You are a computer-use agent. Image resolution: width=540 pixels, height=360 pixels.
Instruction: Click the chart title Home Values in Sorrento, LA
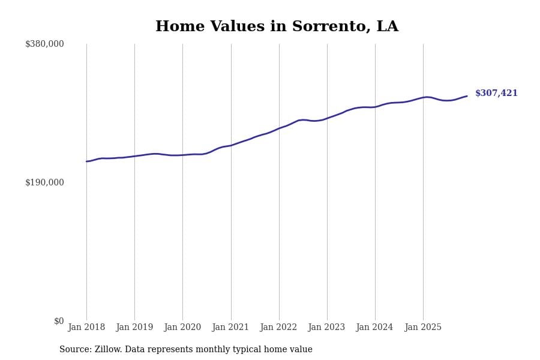[277, 27]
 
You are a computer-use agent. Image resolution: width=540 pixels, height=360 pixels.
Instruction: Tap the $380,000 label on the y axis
[44, 44]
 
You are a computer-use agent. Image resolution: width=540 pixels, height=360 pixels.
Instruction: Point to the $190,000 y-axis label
[44, 182]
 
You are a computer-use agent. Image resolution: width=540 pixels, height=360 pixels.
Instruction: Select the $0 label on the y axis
[59, 321]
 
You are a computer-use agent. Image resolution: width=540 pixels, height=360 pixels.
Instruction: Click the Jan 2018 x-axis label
[86, 328]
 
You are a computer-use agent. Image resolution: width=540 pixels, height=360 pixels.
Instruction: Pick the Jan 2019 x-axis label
[134, 328]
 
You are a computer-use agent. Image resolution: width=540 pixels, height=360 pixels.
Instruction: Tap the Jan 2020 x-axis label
[182, 328]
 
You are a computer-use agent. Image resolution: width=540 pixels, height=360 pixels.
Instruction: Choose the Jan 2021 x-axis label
[230, 328]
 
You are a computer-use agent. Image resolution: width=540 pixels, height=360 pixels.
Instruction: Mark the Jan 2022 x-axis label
[278, 328]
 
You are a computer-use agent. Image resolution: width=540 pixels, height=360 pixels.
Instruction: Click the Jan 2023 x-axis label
[326, 328]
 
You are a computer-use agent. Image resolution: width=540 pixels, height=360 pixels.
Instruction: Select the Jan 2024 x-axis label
[374, 328]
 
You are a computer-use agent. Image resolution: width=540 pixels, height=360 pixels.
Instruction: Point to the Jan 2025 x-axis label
[423, 328]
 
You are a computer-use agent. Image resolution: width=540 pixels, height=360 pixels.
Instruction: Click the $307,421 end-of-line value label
[496, 94]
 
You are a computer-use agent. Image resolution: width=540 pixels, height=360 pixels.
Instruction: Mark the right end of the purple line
[467, 96]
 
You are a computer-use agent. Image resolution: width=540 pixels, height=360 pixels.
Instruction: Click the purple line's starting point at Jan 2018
[86, 161]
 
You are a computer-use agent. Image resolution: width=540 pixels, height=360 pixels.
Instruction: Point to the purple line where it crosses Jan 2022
[279, 128]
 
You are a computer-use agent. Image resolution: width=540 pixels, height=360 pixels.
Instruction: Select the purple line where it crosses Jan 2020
[182, 155]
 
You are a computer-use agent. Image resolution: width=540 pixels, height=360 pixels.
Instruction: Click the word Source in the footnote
[74, 350]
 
